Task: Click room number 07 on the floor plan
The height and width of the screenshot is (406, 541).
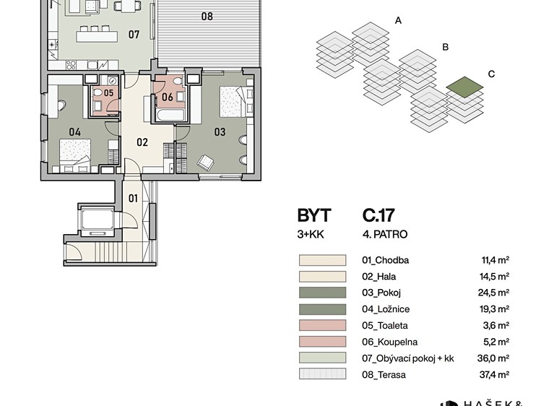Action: pyautogui.click(x=134, y=35)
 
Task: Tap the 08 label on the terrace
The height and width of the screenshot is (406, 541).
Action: pyautogui.click(x=207, y=16)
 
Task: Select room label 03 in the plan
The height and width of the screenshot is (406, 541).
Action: pyautogui.click(x=220, y=131)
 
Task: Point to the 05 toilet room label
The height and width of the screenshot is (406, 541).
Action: pyautogui.click(x=108, y=92)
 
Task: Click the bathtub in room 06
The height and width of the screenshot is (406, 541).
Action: pyautogui.click(x=169, y=115)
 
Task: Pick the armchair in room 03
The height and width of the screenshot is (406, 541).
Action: pyautogui.click(x=205, y=162)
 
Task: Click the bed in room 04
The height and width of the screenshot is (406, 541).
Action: pyautogui.click(x=75, y=155)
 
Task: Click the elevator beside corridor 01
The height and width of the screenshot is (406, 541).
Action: pyautogui.click(x=98, y=220)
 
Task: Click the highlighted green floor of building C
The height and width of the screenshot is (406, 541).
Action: pyautogui.click(x=464, y=85)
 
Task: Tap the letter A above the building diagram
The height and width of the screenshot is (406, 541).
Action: pyautogui.click(x=398, y=21)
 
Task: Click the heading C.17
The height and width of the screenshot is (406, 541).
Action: pyautogui.click(x=378, y=215)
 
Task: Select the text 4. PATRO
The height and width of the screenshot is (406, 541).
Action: pyautogui.click(x=385, y=234)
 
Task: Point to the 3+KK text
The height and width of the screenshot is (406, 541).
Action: pyautogui.click(x=311, y=234)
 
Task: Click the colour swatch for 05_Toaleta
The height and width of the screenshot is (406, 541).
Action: pyautogui.click(x=322, y=325)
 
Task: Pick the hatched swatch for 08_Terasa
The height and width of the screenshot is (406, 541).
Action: pyautogui.click(x=322, y=374)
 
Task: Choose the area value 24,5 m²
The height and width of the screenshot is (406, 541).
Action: pyautogui.click(x=493, y=293)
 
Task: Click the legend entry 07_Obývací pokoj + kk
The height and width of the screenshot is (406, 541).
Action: pyautogui.click(x=408, y=358)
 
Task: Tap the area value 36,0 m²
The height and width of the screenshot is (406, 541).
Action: pyautogui.click(x=493, y=358)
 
